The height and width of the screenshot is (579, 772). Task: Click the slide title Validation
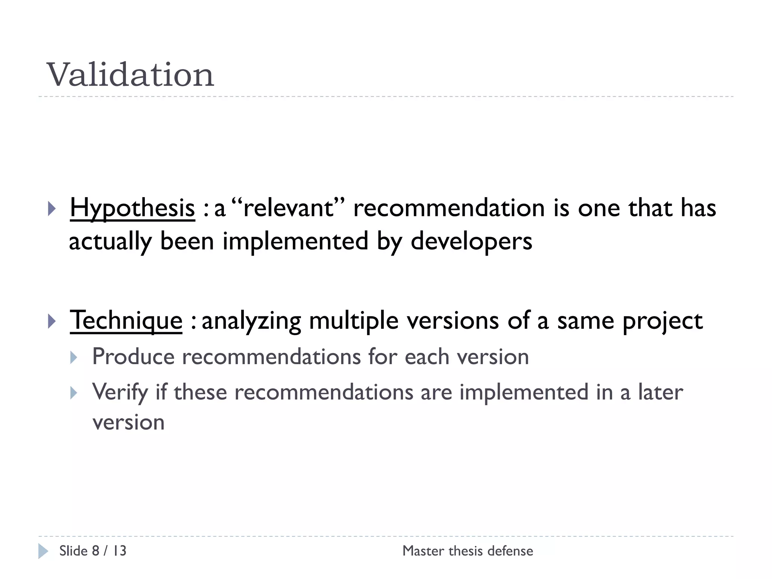coord(130,75)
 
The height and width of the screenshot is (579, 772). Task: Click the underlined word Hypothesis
coord(132,208)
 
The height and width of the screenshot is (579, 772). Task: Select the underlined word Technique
coord(126,320)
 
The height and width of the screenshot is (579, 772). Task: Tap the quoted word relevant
coord(288,208)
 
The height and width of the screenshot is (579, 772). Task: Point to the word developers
coord(471,241)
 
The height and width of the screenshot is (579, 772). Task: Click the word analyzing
coord(251,321)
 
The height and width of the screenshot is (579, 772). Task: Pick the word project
coord(662,321)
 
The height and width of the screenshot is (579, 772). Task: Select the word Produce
coord(133,356)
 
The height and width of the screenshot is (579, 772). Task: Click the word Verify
coord(120,392)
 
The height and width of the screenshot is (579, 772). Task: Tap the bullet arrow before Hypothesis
coord(52,209)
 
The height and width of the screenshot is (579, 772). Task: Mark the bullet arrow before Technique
coord(52,321)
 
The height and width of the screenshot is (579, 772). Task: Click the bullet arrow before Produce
coord(74,357)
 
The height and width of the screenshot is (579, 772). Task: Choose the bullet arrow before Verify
coord(74,393)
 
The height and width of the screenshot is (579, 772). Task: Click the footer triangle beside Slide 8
coord(43,551)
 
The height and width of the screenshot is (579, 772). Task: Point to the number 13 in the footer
coord(119,551)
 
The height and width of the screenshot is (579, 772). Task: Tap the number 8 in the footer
coord(95,551)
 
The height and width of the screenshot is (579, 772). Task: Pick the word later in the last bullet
coord(660,392)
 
